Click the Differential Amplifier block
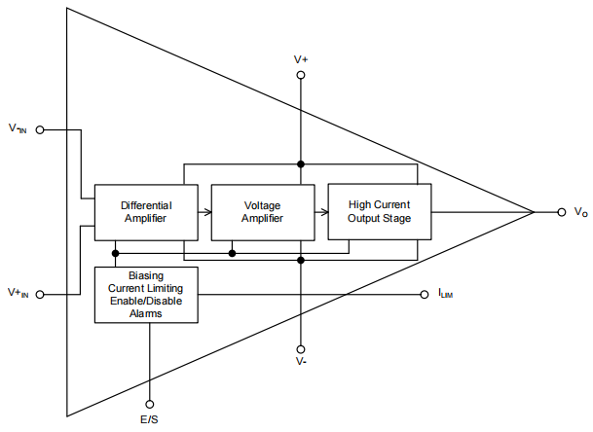coord(146,212)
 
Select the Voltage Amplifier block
coord(263,212)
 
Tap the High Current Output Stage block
coord(379,211)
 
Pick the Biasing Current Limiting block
coord(146,295)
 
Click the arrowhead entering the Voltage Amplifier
coord(207,211)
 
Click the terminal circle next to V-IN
coord(40,128)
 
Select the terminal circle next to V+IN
coord(40,293)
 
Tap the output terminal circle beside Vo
coord(562,211)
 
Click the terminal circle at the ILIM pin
coord(424,294)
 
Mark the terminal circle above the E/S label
coord(150,402)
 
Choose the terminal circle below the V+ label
coord(301,74)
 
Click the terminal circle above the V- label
coord(301,349)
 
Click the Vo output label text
coord(580,212)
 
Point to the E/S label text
coord(150,418)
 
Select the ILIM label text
coord(445,294)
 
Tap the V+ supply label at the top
coord(301,59)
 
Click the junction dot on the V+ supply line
coord(301,163)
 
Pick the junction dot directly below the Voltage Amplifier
coord(232,253)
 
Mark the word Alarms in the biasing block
coord(146,313)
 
